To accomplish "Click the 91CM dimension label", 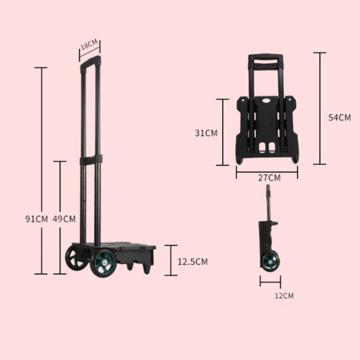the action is pyautogui.click(x=36, y=219).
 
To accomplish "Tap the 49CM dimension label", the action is pyautogui.click(x=64, y=219).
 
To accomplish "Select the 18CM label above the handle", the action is pyautogui.click(x=89, y=44).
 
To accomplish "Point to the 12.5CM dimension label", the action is pyautogui.click(x=192, y=262).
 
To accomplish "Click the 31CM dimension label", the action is pyautogui.click(x=206, y=133).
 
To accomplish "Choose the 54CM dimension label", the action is pyautogui.click(x=339, y=118).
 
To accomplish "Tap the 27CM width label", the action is pyautogui.click(x=269, y=178).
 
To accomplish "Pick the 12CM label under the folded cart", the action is pyautogui.click(x=284, y=296).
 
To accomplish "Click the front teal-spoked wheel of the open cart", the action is pyautogui.click(x=103, y=263).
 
